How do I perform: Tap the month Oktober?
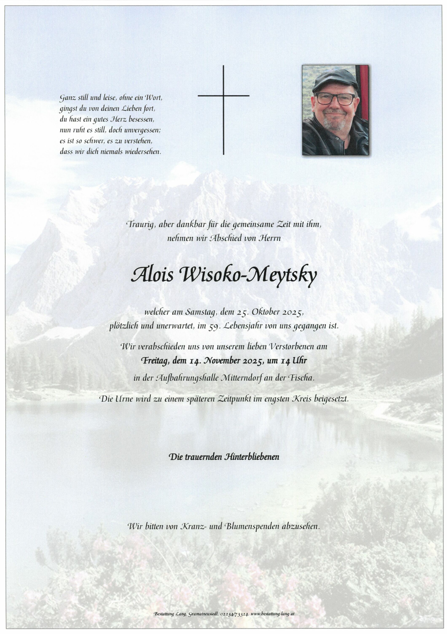pos(265,313)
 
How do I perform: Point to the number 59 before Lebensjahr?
pos(213,326)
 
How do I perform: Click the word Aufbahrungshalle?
pos(181,378)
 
